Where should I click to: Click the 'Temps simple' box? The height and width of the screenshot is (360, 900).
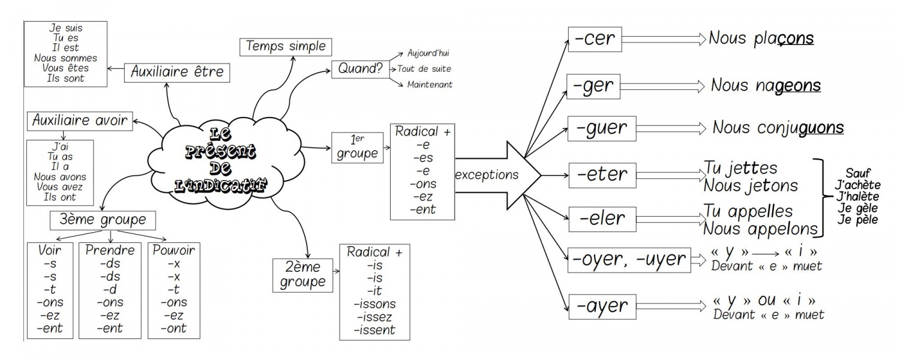click(x=286, y=47)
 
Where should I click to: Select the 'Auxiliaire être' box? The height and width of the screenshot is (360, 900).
click(x=178, y=73)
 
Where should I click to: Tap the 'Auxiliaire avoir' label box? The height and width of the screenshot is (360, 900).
click(x=80, y=121)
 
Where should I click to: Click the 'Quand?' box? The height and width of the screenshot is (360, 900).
click(x=360, y=68)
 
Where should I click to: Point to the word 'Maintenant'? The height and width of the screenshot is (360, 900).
click(x=430, y=85)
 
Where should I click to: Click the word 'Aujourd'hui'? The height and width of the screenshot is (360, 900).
click(x=428, y=53)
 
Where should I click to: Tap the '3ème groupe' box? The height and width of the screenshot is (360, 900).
click(x=103, y=220)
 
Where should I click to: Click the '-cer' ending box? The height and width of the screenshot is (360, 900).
click(x=595, y=39)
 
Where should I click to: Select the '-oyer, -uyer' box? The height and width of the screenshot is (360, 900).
click(x=629, y=260)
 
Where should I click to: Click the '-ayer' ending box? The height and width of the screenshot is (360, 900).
click(x=602, y=307)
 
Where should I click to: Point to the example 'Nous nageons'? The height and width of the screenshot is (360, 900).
click(x=766, y=85)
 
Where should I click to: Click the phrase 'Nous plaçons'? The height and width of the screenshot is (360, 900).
click(x=761, y=39)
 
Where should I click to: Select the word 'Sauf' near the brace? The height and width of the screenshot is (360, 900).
click(x=858, y=173)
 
